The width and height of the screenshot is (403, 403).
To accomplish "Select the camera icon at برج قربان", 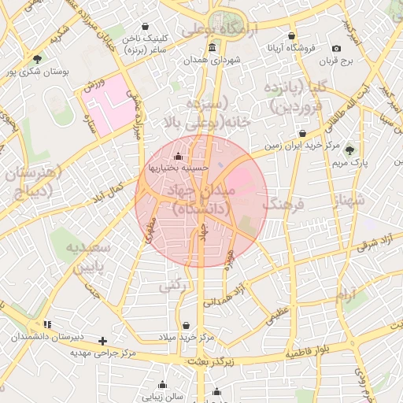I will (337, 49).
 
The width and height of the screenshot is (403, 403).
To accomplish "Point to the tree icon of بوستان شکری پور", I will (38, 59).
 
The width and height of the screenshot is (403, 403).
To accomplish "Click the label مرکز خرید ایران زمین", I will (301, 146).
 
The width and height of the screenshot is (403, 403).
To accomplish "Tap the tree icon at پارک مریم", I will (349, 150).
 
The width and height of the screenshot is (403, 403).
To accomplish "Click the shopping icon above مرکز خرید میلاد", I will (186, 325).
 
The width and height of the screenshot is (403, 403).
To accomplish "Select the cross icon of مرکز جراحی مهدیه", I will (102, 341).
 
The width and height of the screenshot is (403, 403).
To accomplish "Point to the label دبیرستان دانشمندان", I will (46, 336).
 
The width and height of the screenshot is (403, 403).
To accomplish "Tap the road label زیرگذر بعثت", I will (213, 360).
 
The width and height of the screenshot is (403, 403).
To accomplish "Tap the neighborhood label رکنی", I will (176, 287).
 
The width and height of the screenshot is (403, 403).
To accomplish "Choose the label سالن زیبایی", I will (163, 397).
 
